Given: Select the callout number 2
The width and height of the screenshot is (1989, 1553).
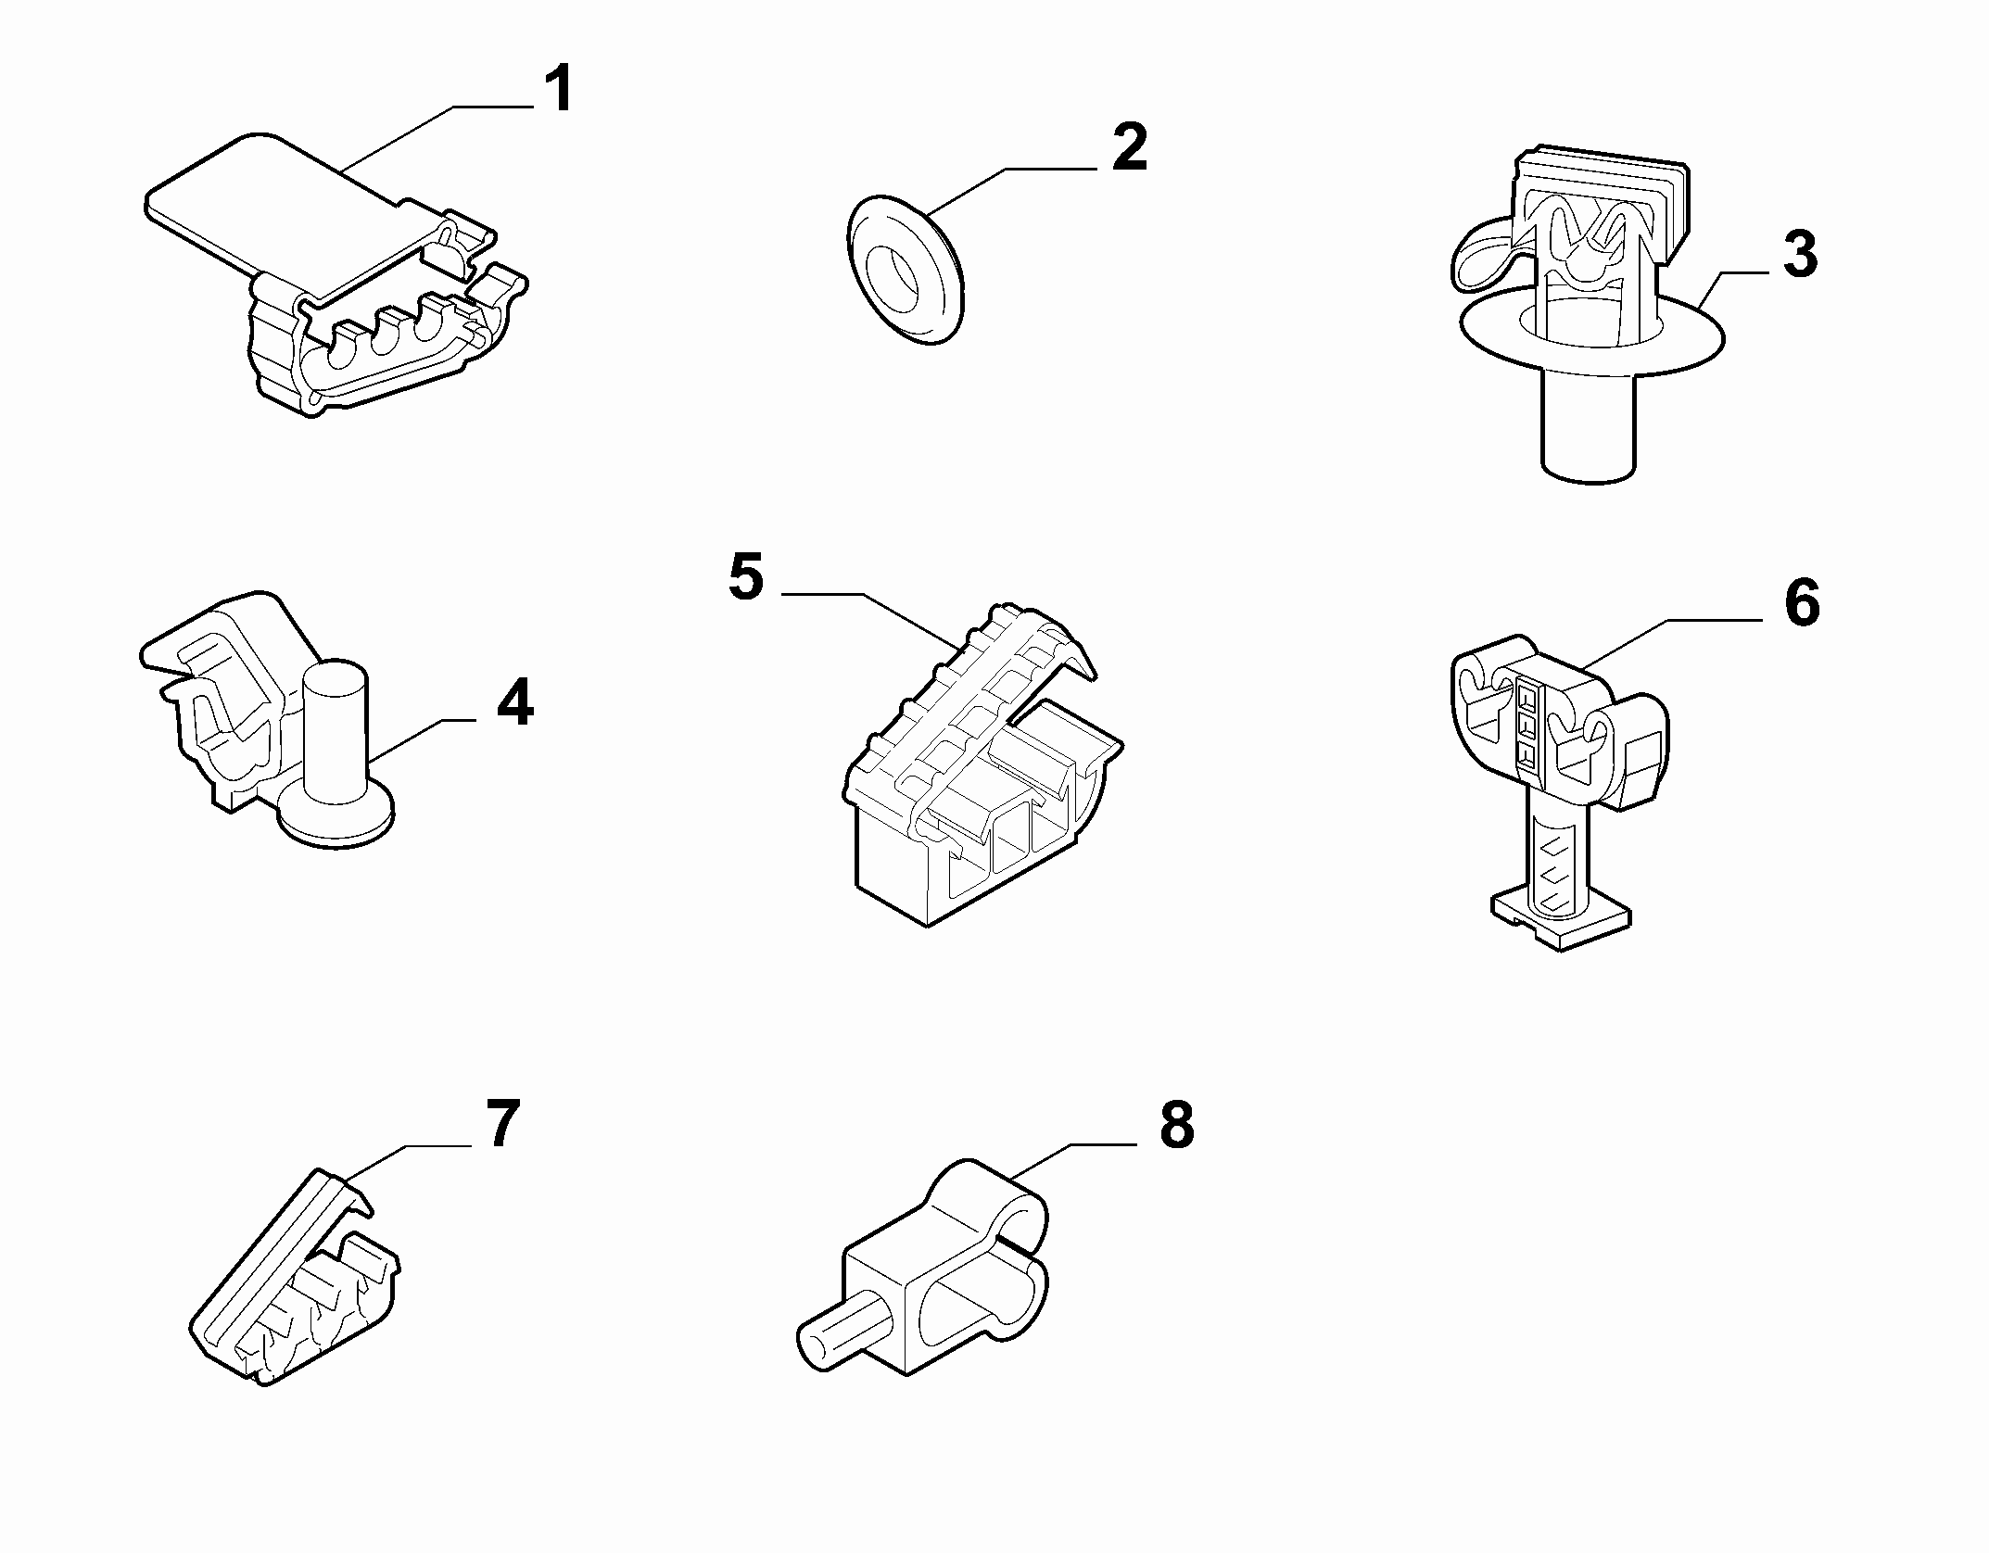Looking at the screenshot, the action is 1129,147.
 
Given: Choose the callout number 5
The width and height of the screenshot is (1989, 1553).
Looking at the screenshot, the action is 746,576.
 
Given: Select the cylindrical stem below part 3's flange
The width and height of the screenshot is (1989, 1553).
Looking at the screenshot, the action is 1588,422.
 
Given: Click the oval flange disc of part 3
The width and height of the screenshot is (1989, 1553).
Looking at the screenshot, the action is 1591,338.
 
